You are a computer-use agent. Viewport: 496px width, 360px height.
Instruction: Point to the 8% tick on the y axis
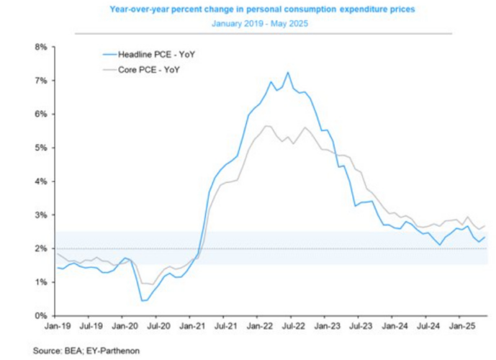coord(40,47)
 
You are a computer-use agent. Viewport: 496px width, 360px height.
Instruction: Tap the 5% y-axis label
coord(40,148)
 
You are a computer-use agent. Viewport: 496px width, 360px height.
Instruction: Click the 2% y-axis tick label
coord(40,248)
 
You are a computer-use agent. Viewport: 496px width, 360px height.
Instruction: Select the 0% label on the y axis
coord(40,315)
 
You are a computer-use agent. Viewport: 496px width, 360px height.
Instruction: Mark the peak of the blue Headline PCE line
coord(288,72)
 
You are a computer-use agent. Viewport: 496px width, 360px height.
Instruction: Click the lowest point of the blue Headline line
coord(143,300)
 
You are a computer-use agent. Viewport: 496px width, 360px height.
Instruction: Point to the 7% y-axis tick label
coord(40,81)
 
